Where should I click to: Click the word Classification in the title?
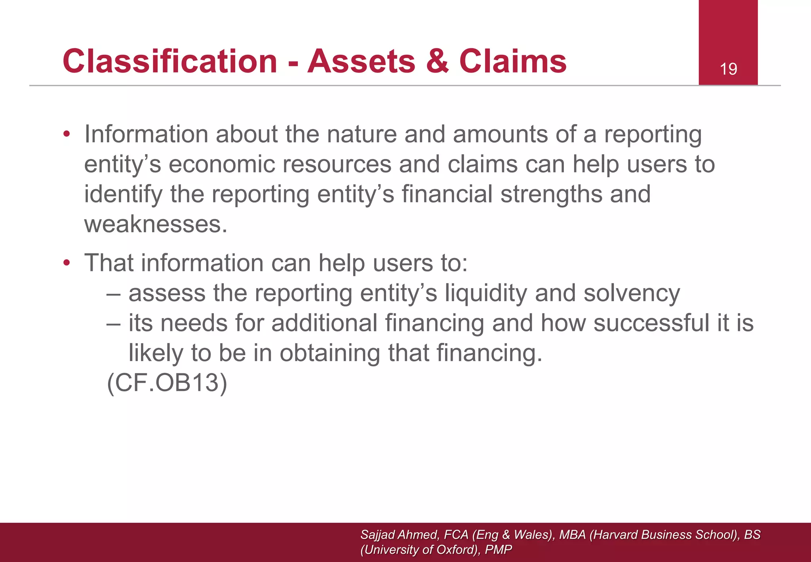pyautogui.click(x=170, y=61)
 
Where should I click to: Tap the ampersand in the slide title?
pyautogui.click(x=438, y=61)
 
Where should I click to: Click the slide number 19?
pyautogui.click(x=728, y=69)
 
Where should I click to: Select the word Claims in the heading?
pyautogui.click(x=513, y=61)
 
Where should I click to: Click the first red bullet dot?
pyautogui.click(x=67, y=134)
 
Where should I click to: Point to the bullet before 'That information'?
pyautogui.click(x=67, y=263)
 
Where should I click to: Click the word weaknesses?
pyautogui.click(x=155, y=224)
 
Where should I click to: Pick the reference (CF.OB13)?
pyautogui.click(x=167, y=383)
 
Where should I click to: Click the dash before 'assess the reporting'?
pyautogui.click(x=113, y=294)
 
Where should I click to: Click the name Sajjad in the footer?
pyautogui.click(x=377, y=535)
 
